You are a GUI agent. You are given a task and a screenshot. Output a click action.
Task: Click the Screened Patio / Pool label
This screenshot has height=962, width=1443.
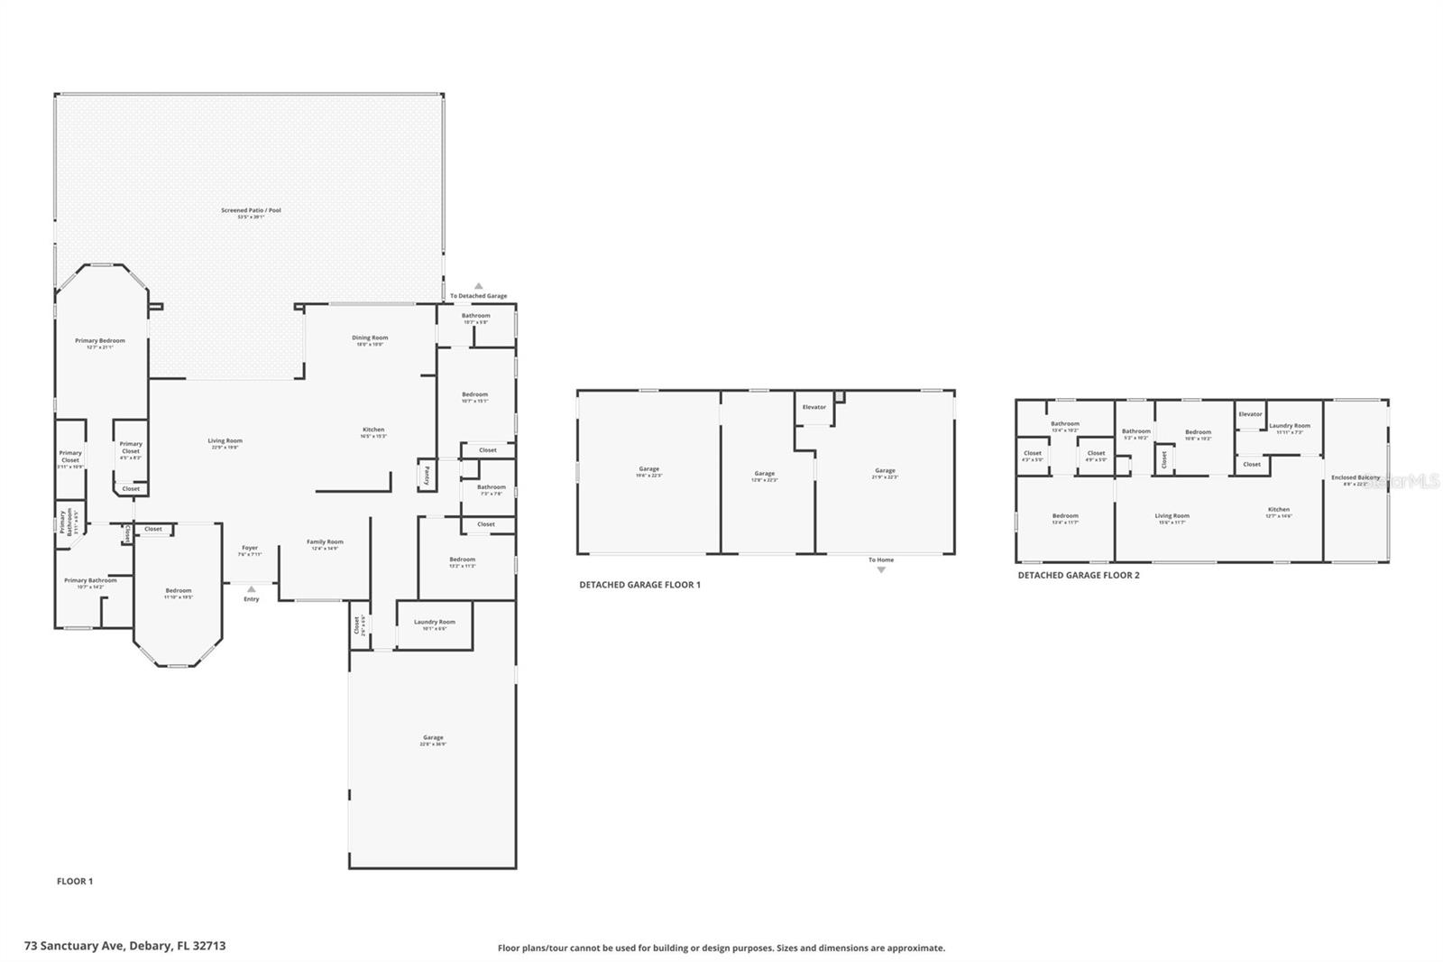click(251, 210)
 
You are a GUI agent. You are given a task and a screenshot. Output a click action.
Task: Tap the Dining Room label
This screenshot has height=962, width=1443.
click(370, 338)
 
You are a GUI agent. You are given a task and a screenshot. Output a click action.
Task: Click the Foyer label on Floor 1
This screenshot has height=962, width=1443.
click(250, 548)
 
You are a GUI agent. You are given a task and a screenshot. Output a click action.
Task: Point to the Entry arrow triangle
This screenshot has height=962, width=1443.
click(251, 588)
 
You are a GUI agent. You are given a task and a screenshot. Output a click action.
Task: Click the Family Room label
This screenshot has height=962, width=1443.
click(325, 542)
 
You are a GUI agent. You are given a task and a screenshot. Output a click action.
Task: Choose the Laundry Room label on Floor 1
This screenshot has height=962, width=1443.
click(435, 622)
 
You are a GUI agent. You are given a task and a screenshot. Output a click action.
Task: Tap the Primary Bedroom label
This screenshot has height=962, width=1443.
click(100, 341)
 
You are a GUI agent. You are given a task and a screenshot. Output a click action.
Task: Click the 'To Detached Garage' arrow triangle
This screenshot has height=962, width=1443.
click(479, 286)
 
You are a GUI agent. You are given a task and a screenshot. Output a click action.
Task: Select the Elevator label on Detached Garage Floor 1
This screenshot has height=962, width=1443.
click(814, 407)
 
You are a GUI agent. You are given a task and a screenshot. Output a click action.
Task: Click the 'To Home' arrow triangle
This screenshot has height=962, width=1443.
click(881, 570)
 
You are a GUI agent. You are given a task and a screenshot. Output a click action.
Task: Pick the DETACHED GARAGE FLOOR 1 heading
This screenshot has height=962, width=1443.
click(639, 585)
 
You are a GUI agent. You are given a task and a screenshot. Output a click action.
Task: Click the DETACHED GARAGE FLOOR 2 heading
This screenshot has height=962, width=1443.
click(1079, 575)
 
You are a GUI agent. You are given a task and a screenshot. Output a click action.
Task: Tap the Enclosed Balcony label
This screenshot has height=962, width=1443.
click(1356, 477)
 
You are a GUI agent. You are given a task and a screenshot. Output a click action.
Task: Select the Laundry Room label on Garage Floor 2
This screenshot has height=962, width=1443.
click(1290, 426)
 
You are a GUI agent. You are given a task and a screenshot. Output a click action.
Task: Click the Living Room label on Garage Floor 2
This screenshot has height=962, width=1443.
click(1172, 516)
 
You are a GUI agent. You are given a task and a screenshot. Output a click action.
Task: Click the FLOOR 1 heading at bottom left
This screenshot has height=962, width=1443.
click(75, 882)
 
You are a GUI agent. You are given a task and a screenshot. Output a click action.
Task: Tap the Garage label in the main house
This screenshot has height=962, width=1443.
click(433, 738)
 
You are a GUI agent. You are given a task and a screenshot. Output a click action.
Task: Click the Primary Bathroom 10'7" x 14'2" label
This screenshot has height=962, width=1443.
click(90, 580)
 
